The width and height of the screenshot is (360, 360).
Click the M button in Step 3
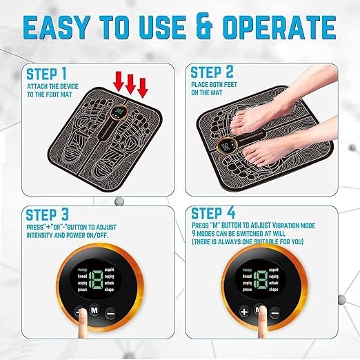(x=93, y=310)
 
